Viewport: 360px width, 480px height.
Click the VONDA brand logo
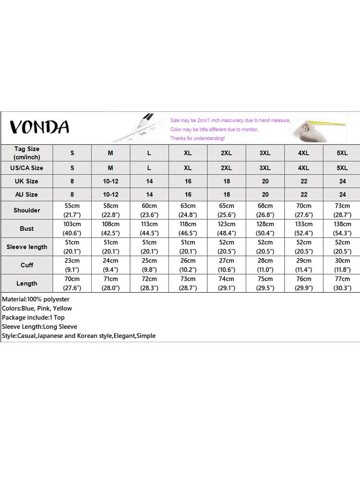tap(39, 127)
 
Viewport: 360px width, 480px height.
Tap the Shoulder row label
tap(27, 210)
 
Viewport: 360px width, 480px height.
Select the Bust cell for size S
tap(72, 228)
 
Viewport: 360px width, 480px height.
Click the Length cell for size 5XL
tap(342, 283)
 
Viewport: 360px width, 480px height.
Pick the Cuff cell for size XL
tap(188, 265)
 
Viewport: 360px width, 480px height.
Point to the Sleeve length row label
tap(27, 247)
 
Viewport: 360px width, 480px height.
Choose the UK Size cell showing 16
tap(188, 181)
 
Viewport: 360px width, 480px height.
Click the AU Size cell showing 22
tap(303, 194)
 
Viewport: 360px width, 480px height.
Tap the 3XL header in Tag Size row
tap(265, 153)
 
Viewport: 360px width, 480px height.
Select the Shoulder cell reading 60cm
tap(149, 210)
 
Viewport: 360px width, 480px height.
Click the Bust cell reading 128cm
tap(265, 228)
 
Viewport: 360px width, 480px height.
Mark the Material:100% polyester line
tap(36, 299)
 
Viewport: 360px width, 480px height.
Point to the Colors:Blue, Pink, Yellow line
tap(37, 308)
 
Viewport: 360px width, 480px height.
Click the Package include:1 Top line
tap(33, 317)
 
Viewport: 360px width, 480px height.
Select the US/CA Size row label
tap(27, 168)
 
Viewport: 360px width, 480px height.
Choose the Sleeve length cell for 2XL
tap(226, 247)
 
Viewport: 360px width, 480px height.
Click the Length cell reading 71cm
tap(110, 283)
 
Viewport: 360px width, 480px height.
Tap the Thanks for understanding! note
tap(197, 138)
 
